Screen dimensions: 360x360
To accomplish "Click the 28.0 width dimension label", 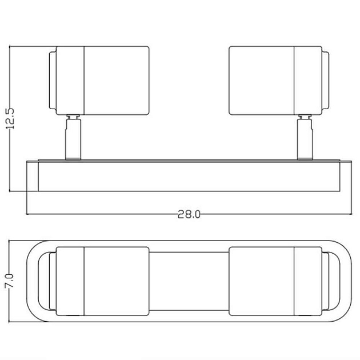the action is pyautogui.click(x=189, y=214).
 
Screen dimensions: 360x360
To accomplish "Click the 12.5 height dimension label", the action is pyautogui.click(x=10, y=118).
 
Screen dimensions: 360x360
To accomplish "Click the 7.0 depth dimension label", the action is pyautogui.click(x=10, y=281).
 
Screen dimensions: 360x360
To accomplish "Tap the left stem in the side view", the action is pyautogui.click(x=73, y=139).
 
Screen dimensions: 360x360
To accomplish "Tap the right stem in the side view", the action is pyautogui.click(x=305, y=139).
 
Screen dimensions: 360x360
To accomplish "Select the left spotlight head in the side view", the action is pyautogui.click(x=99, y=81).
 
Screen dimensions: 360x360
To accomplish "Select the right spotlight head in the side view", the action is pyautogui.click(x=279, y=81).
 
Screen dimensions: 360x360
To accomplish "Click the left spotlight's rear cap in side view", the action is pyautogui.click(x=53, y=81).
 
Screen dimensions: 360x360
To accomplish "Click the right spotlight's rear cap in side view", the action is pyautogui.click(x=326, y=81).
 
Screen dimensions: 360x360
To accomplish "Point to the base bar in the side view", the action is pyautogui.click(x=189, y=176).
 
